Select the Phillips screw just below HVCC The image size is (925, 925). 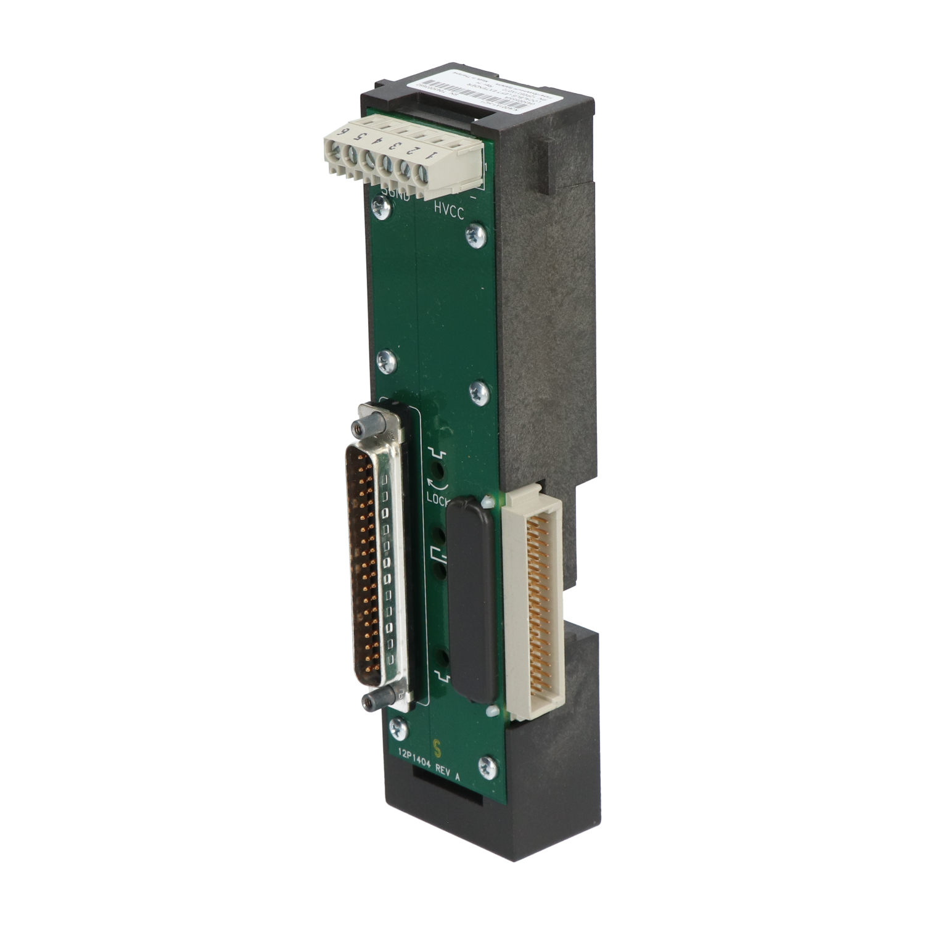(x=474, y=236)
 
